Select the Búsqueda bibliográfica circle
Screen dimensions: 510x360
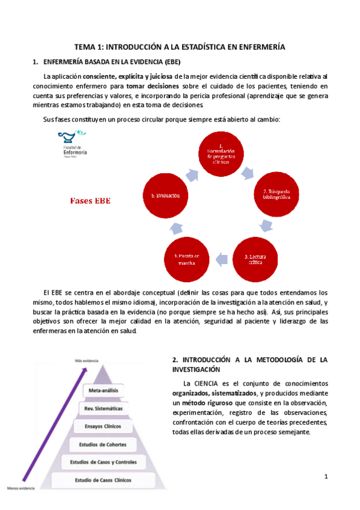[x=276, y=194]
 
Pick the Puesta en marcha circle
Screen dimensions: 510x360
[x=186, y=259]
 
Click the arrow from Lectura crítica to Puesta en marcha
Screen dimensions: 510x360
[x=222, y=259]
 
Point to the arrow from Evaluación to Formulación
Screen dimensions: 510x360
[x=192, y=174]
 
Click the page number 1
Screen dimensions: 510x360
[x=326, y=477]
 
